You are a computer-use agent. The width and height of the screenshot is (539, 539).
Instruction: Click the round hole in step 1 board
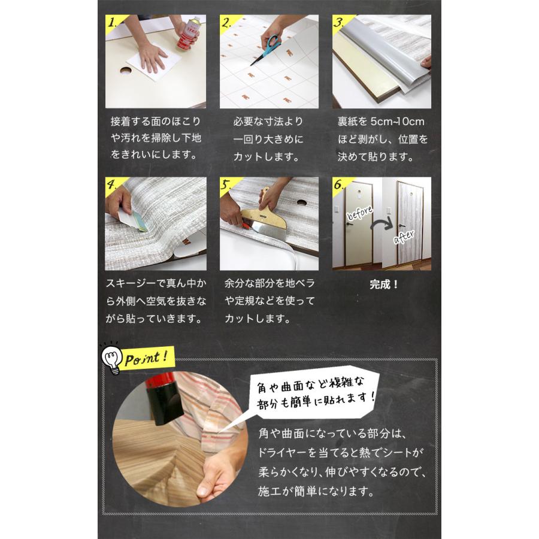pos(126,71)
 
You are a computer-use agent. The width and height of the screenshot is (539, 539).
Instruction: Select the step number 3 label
pos(339,25)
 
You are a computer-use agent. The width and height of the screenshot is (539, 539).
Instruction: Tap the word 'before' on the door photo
pos(359,214)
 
